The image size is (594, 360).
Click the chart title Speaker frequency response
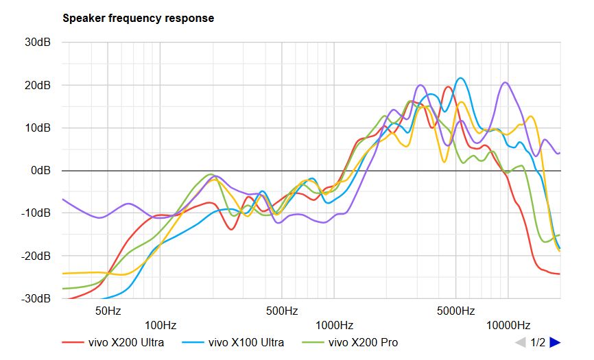tap(138, 19)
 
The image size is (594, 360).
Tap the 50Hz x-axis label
tap(108, 311)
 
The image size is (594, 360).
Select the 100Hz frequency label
tap(161, 325)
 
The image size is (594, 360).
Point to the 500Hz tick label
tap(281, 311)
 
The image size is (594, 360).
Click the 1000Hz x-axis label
tap(334, 325)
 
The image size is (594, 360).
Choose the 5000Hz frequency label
tap(455, 311)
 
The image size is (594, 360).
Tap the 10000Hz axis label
tap(508, 325)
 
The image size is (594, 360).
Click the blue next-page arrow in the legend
tap(555, 342)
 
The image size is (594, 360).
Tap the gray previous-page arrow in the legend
tap(521, 342)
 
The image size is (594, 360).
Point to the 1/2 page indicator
tap(538, 342)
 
